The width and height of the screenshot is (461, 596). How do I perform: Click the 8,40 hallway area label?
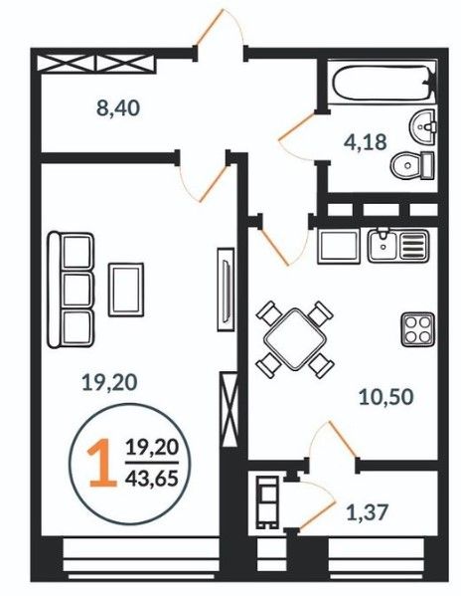(x=118, y=108)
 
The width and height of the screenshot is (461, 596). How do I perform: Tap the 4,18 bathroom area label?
(x=366, y=142)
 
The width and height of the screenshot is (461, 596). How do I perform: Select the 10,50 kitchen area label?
(x=385, y=397)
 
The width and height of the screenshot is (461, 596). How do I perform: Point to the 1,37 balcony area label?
(x=368, y=512)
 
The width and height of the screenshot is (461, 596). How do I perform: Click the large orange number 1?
(x=102, y=463)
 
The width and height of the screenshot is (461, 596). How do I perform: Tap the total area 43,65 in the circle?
(x=152, y=478)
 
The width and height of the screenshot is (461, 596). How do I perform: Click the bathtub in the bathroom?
(x=384, y=83)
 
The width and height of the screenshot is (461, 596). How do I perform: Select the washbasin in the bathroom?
(x=422, y=127)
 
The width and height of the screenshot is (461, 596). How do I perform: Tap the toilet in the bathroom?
(x=412, y=165)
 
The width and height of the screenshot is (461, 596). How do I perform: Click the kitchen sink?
(x=398, y=246)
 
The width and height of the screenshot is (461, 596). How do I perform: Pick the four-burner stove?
(x=417, y=329)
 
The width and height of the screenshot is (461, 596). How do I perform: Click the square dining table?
(x=295, y=339)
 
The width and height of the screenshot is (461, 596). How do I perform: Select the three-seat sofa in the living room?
(x=71, y=290)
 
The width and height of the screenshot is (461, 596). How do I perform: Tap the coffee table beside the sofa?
(x=126, y=290)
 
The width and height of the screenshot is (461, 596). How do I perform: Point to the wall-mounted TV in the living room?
(x=227, y=290)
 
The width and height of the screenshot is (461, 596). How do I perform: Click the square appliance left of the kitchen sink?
(x=339, y=246)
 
